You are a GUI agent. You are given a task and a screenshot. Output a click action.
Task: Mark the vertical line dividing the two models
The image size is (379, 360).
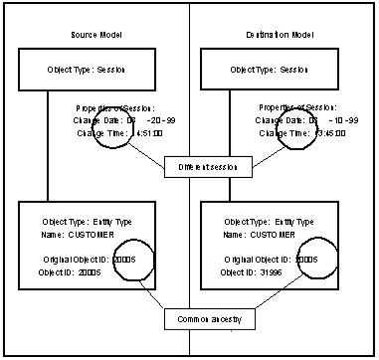(x=189, y=199)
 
